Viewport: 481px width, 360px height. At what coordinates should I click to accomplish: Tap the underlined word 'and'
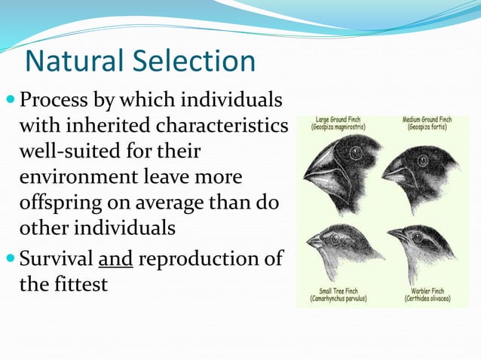(115, 258)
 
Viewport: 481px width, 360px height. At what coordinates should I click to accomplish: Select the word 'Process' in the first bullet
(54, 100)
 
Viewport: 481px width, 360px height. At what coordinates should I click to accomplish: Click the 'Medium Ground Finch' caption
(427, 123)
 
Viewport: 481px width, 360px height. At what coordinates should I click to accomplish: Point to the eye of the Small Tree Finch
(335, 236)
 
